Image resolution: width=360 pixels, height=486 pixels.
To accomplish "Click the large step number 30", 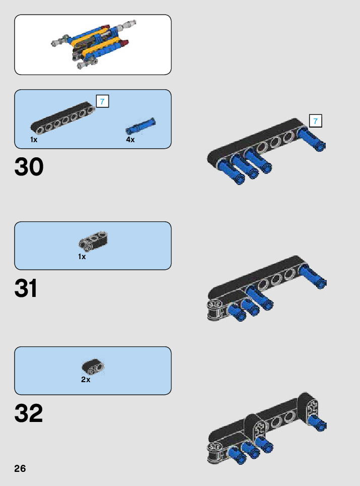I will coord(29,167).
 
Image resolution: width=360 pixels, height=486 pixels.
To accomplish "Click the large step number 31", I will coord(26,289).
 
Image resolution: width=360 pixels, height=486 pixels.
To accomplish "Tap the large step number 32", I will coord(29,414).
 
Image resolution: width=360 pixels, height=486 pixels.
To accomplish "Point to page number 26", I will coord(20,468).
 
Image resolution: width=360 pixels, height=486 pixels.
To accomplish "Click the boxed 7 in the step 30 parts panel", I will coord(102,101).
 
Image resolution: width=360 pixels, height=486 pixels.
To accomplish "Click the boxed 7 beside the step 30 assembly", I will coord(315,121).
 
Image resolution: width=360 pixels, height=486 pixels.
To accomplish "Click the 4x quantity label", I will coord(131,140).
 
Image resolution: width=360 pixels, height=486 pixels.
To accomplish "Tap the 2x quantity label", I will coord(86,380).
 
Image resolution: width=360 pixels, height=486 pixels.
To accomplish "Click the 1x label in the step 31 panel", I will coord(82,257).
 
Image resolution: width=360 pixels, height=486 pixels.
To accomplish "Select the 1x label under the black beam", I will coord(34,140).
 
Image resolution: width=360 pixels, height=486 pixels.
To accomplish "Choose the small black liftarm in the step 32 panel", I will coord(93,367).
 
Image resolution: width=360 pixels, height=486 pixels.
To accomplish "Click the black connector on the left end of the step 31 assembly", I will coord(216,310).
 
